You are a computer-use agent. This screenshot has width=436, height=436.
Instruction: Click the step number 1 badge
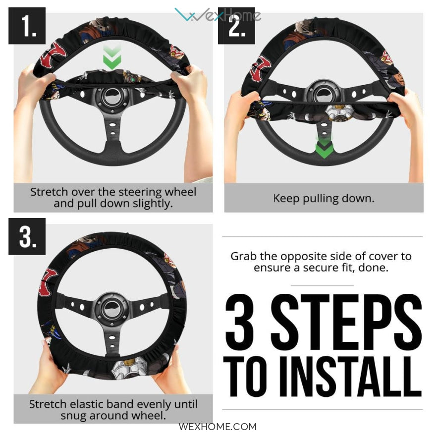[x=27, y=26]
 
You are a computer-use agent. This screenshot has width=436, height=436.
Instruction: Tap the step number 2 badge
[x=236, y=26]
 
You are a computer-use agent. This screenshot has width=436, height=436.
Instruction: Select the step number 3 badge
[x=27, y=236]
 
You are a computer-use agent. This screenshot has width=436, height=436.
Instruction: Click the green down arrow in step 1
[x=112, y=57]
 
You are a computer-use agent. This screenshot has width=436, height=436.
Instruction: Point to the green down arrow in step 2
[x=324, y=147]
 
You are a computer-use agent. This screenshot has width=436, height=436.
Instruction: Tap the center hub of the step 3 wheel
[x=112, y=308]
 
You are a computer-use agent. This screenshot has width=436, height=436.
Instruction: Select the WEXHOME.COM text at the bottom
[x=218, y=427]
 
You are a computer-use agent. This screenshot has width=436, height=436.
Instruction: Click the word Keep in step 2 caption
[x=286, y=199]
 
